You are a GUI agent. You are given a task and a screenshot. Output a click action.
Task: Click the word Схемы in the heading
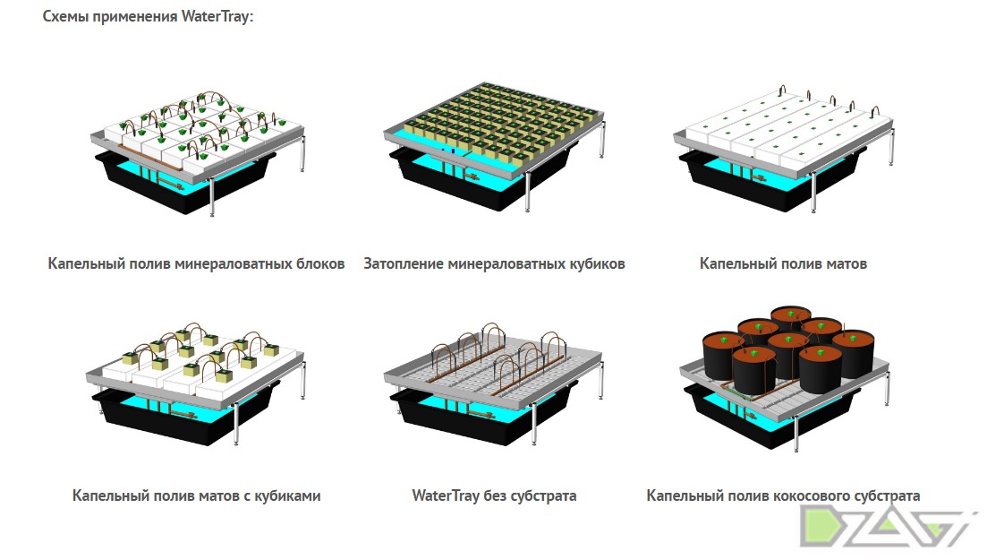(65, 16)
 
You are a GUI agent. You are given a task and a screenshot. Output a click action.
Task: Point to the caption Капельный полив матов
(783, 263)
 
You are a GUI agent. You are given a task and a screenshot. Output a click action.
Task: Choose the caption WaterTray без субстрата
(494, 495)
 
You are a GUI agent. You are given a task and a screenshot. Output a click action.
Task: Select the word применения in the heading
(135, 16)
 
